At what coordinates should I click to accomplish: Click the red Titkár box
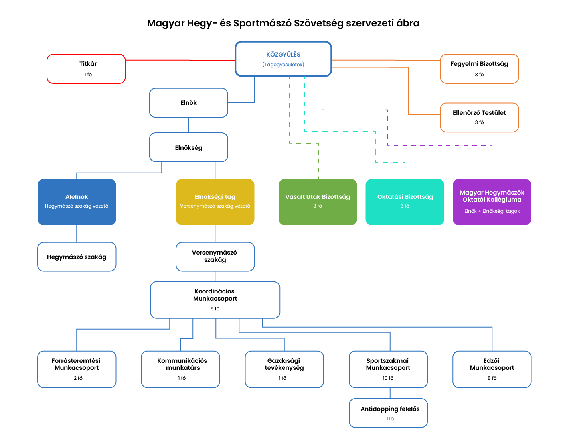(x=86, y=69)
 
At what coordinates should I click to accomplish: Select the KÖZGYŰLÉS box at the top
(x=283, y=59)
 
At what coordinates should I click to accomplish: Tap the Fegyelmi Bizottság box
(x=479, y=69)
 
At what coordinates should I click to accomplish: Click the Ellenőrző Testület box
(x=479, y=117)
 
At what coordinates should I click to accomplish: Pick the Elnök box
(x=188, y=103)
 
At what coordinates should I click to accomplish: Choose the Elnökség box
(x=188, y=147)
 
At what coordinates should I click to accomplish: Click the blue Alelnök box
(x=77, y=202)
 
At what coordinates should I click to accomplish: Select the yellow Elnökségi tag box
(x=215, y=202)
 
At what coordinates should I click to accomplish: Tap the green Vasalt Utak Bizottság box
(x=318, y=202)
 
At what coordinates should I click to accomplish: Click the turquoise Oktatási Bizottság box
(x=405, y=202)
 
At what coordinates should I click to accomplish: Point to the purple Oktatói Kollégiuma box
(x=492, y=202)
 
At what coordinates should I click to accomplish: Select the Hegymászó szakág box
(x=77, y=257)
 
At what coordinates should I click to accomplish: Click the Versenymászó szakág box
(x=215, y=257)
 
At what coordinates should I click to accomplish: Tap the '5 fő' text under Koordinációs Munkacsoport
(x=215, y=309)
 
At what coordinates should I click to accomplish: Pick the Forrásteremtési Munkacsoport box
(x=77, y=369)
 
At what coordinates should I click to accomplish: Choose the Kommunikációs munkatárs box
(x=180, y=369)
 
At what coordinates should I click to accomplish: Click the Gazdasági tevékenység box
(x=284, y=369)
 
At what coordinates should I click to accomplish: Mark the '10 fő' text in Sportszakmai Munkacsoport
(x=388, y=378)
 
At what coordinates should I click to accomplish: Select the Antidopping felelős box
(x=388, y=413)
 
